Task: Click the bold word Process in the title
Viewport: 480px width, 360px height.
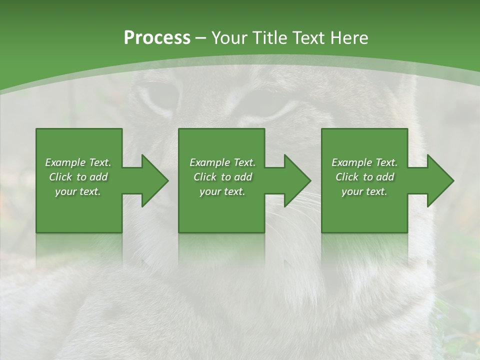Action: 157,38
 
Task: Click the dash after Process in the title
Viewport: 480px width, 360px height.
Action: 200,38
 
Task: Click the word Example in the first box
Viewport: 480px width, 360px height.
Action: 64,162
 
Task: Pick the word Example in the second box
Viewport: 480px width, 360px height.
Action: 209,162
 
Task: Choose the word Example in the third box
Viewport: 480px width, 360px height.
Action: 351,162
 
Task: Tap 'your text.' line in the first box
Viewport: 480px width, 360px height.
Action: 78,191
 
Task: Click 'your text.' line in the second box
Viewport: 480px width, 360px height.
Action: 222,191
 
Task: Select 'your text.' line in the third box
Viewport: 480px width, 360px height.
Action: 364,191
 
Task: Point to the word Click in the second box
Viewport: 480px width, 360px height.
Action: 205,177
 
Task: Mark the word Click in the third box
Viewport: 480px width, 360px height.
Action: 347,177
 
